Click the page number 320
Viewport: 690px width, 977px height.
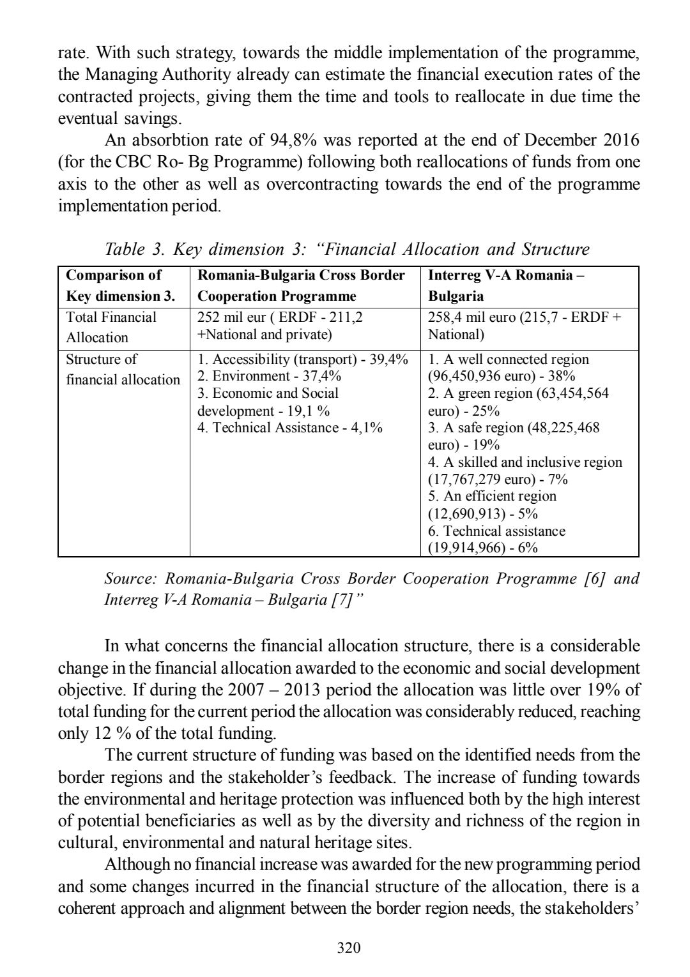pyautogui.click(x=349, y=948)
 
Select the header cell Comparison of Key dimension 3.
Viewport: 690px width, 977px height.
pyautogui.click(x=120, y=285)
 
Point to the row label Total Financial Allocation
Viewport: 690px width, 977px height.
pyautogui.click(x=111, y=328)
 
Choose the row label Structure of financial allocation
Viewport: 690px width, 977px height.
pyautogui.click(x=123, y=370)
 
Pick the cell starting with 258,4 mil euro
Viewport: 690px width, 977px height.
pyautogui.click(x=524, y=326)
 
